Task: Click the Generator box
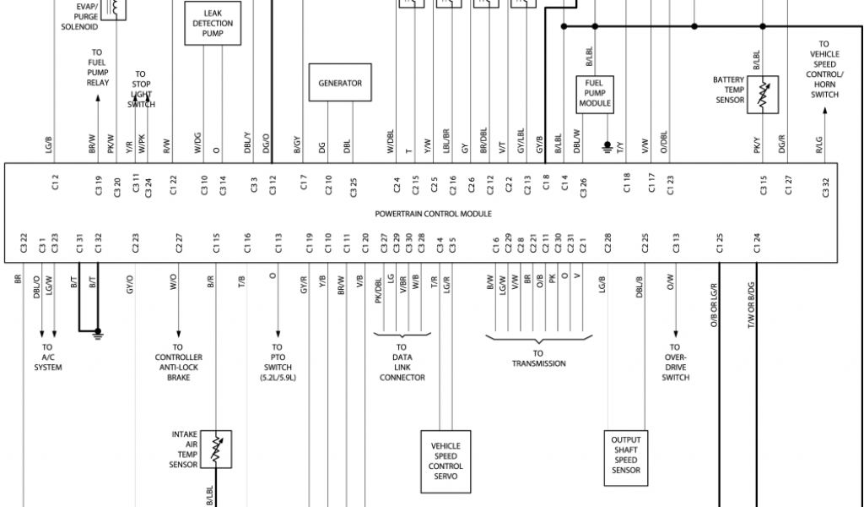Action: point(339,83)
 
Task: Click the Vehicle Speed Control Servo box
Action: point(445,461)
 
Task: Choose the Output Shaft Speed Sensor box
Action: point(625,455)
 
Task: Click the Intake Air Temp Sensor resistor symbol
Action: point(217,450)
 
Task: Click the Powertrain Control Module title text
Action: point(433,214)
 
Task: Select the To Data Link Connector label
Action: point(402,362)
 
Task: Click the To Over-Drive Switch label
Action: point(675,362)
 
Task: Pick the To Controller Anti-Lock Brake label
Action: point(178,362)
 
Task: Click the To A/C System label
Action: point(47,357)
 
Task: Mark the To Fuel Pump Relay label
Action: point(97,68)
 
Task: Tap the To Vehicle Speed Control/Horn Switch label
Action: point(823,69)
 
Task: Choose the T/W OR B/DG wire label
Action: point(751,305)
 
